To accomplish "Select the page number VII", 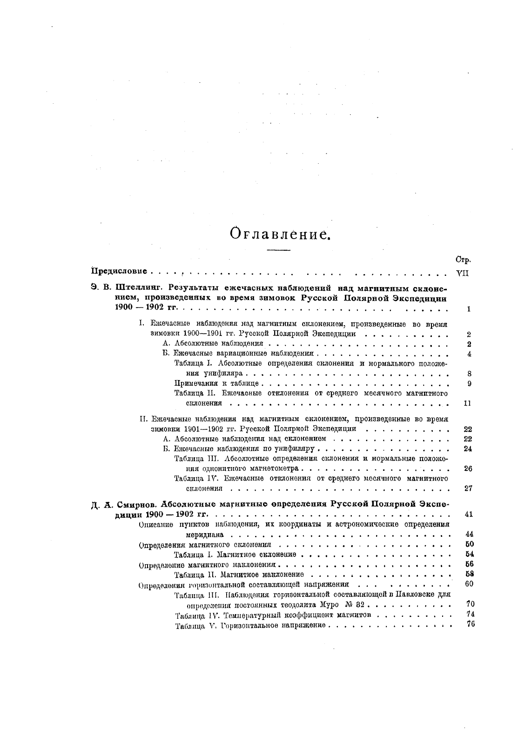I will tap(462, 273).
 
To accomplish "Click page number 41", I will tap(469, 514).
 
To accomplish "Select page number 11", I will tap(468, 403).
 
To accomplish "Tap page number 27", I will tap(469, 488).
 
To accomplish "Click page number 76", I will tap(470, 625).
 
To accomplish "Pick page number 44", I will tap(469, 534).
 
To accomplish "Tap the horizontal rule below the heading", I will tap(278, 251).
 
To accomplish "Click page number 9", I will tap(469, 383).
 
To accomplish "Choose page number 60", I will tap(469, 584).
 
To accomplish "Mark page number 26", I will tap(469, 468).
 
